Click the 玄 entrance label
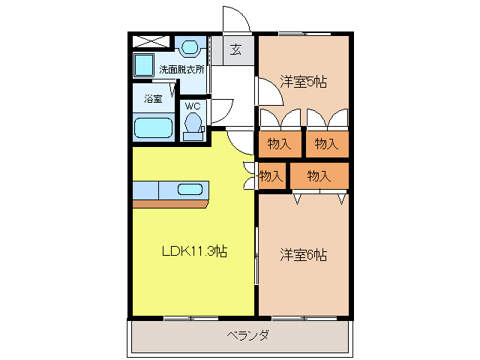pyautogui.click(x=235, y=50)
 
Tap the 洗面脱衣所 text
pyautogui.click(x=181, y=69)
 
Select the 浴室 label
pyautogui.click(x=154, y=98)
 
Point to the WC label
pyautogui.click(x=193, y=105)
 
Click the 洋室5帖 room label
pyautogui.click(x=304, y=81)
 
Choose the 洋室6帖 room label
pyautogui.click(x=304, y=254)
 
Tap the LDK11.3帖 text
pyautogui.click(x=195, y=252)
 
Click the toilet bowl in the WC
pyautogui.click(x=193, y=123)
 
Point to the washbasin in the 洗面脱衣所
pyautogui.click(x=191, y=49)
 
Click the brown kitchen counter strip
pyautogui.click(x=170, y=203)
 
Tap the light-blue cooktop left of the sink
pyautogui.click(x=146, y=190)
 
